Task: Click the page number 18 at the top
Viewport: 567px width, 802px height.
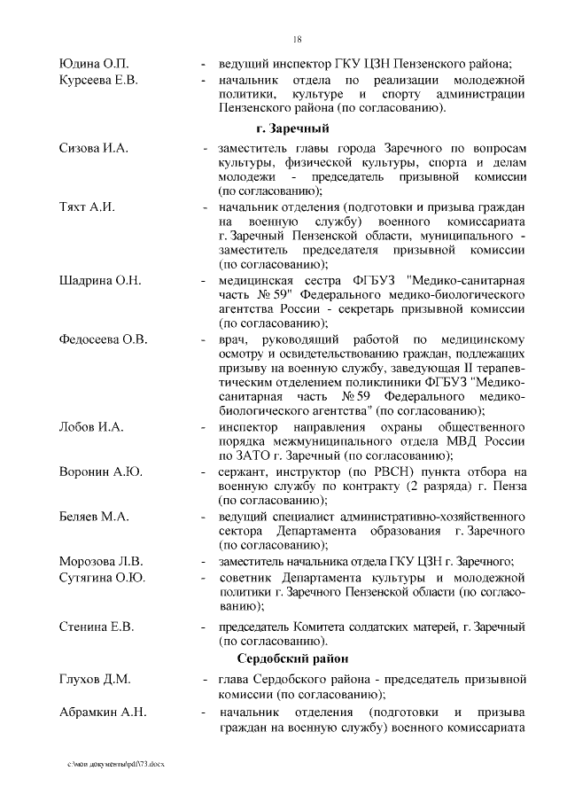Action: (297, 39)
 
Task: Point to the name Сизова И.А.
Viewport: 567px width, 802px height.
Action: (93, 148)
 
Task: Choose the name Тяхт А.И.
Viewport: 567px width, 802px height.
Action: (88, 206)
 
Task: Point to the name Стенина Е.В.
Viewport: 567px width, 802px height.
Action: (97, 627)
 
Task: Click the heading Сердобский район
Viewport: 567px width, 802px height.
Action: (292, 658)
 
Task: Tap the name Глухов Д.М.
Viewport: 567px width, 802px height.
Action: (95, 680)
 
